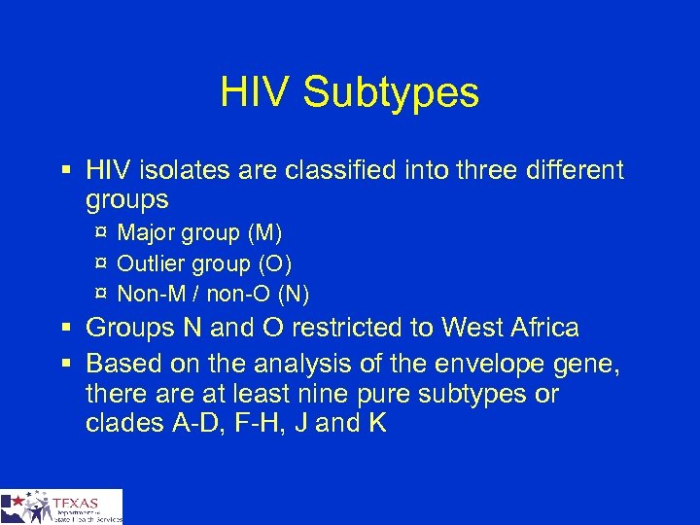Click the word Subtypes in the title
[391, 93]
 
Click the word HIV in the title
[256, 93]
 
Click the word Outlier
[148, 263]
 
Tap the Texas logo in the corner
[61, 507]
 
